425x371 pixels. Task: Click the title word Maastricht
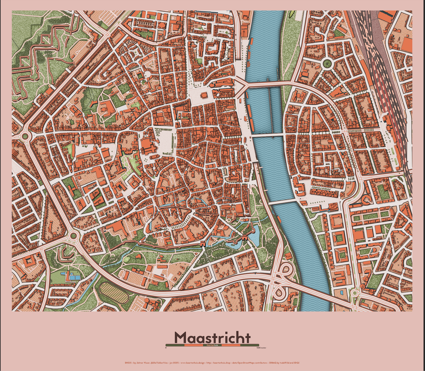(212, 337)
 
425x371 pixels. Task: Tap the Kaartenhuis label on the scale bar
(212, 345)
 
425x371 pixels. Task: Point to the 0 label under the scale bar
(166, 348)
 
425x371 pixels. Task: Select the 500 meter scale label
(261, 348)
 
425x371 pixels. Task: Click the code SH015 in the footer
(128, 363)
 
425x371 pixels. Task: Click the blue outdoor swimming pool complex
(73, 276)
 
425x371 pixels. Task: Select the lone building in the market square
(203, 95)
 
